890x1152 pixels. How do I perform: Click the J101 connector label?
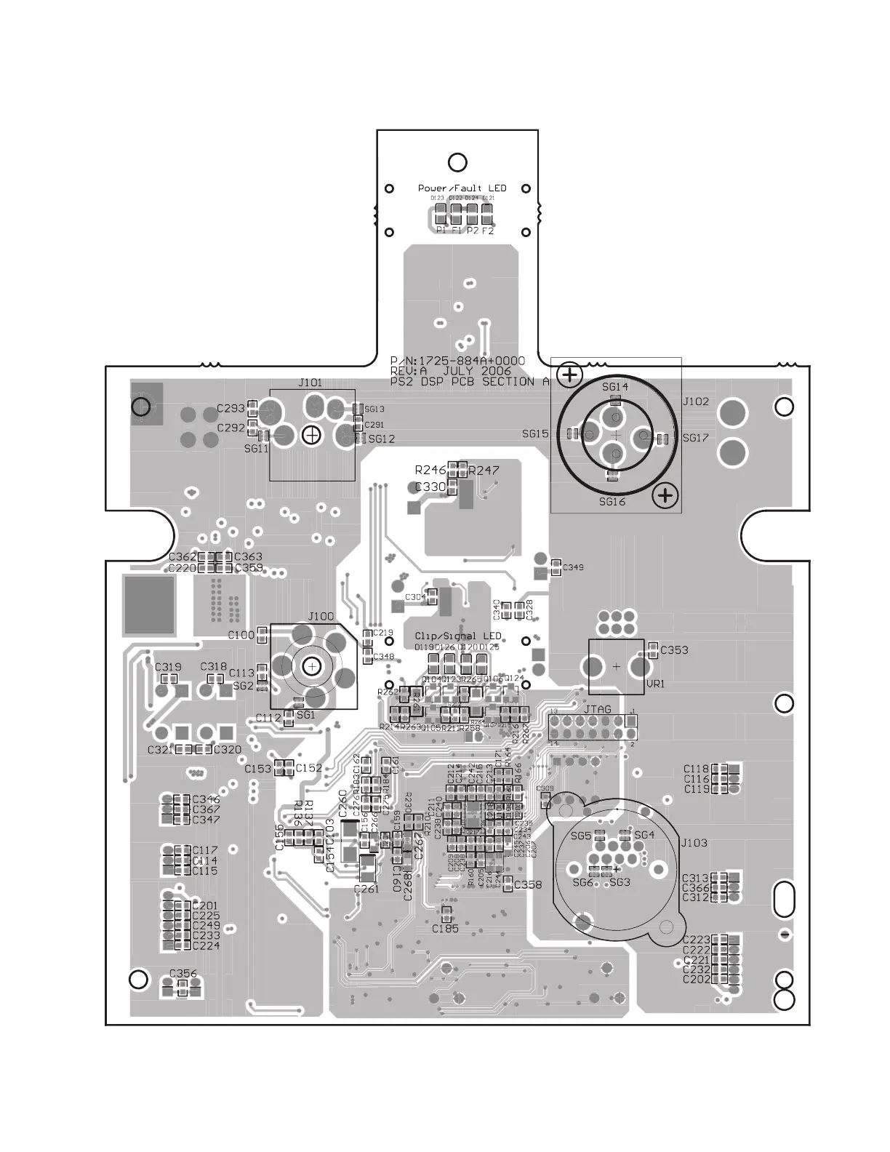coord(310,383)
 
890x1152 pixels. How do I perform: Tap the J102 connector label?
coord(695,401)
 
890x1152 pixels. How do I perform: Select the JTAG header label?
coord(597,709)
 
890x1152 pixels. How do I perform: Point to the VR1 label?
coord(655,684)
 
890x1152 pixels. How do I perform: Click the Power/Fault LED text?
coord(462,188)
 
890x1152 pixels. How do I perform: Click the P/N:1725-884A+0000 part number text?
coord(457,361)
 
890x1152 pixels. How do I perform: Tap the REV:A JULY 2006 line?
coord(450,371)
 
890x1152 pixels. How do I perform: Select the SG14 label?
coord(615,386)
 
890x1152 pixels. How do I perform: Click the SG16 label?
coord(612,501)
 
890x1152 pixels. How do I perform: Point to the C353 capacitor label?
coord(674,650)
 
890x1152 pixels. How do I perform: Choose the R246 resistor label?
coord(430,471)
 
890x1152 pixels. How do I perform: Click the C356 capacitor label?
coord(183,973)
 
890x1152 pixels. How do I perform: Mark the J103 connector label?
coord(694,843)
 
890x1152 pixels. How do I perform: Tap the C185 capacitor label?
coord(445,929)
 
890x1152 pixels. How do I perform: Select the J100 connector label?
coord(321,617)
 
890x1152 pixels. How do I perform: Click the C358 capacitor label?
coord(528,885)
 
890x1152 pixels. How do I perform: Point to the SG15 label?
coord(535,434)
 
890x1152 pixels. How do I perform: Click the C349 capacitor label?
coord(573,567)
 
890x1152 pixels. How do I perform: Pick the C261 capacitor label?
coord(366,889)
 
